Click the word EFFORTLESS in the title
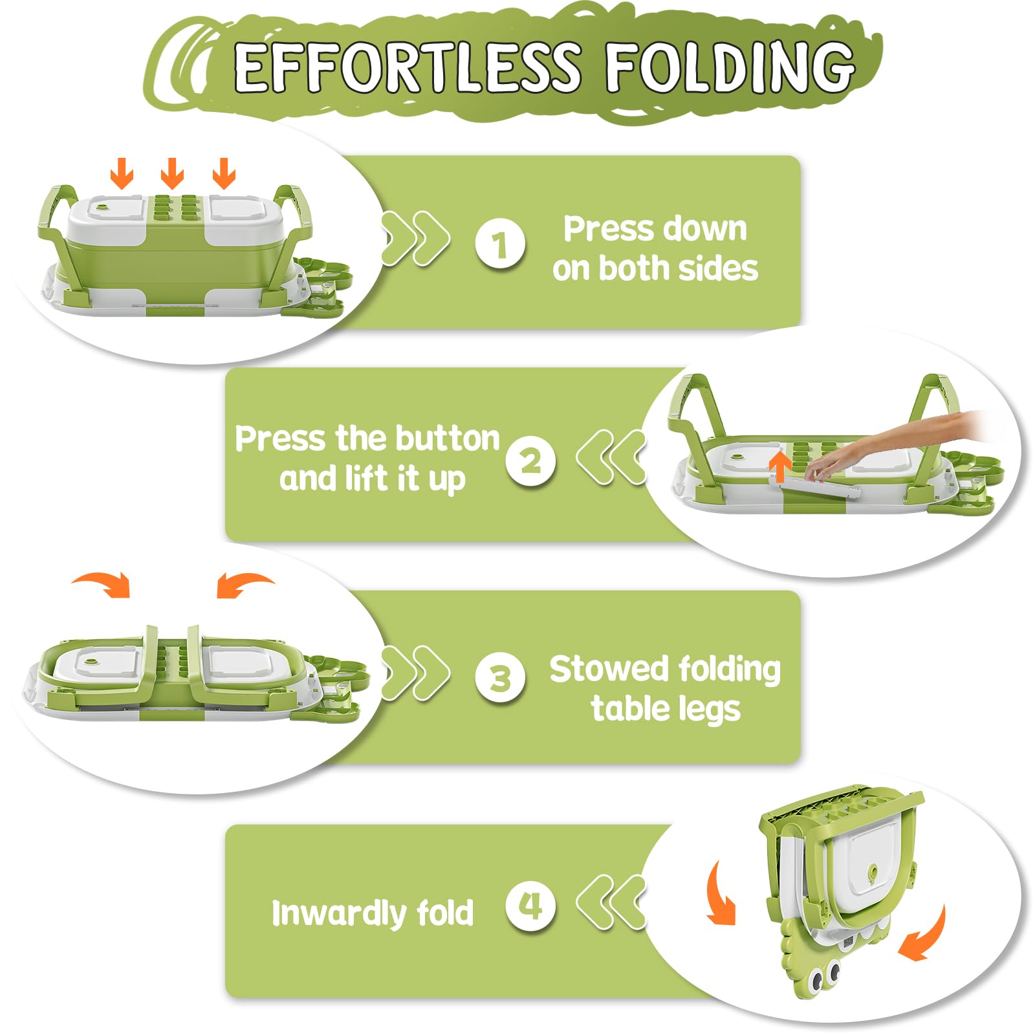point(408,67)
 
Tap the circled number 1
point(499,245)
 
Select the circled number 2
point(530,461)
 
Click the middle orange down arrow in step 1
point(172,173)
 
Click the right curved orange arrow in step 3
point(244,583)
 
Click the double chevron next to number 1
point(414,238)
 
